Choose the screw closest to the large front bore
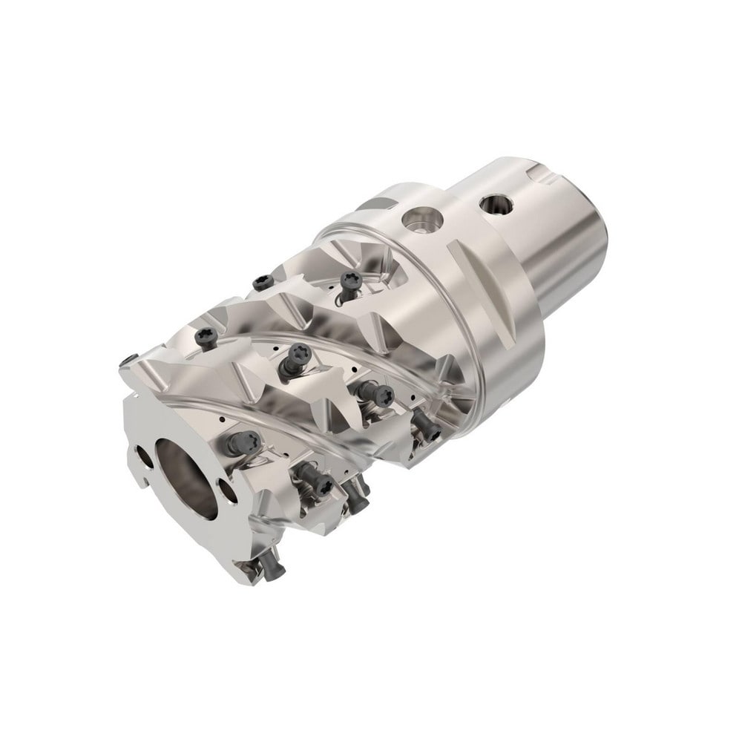[237, 443]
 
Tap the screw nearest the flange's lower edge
[422, 424]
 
